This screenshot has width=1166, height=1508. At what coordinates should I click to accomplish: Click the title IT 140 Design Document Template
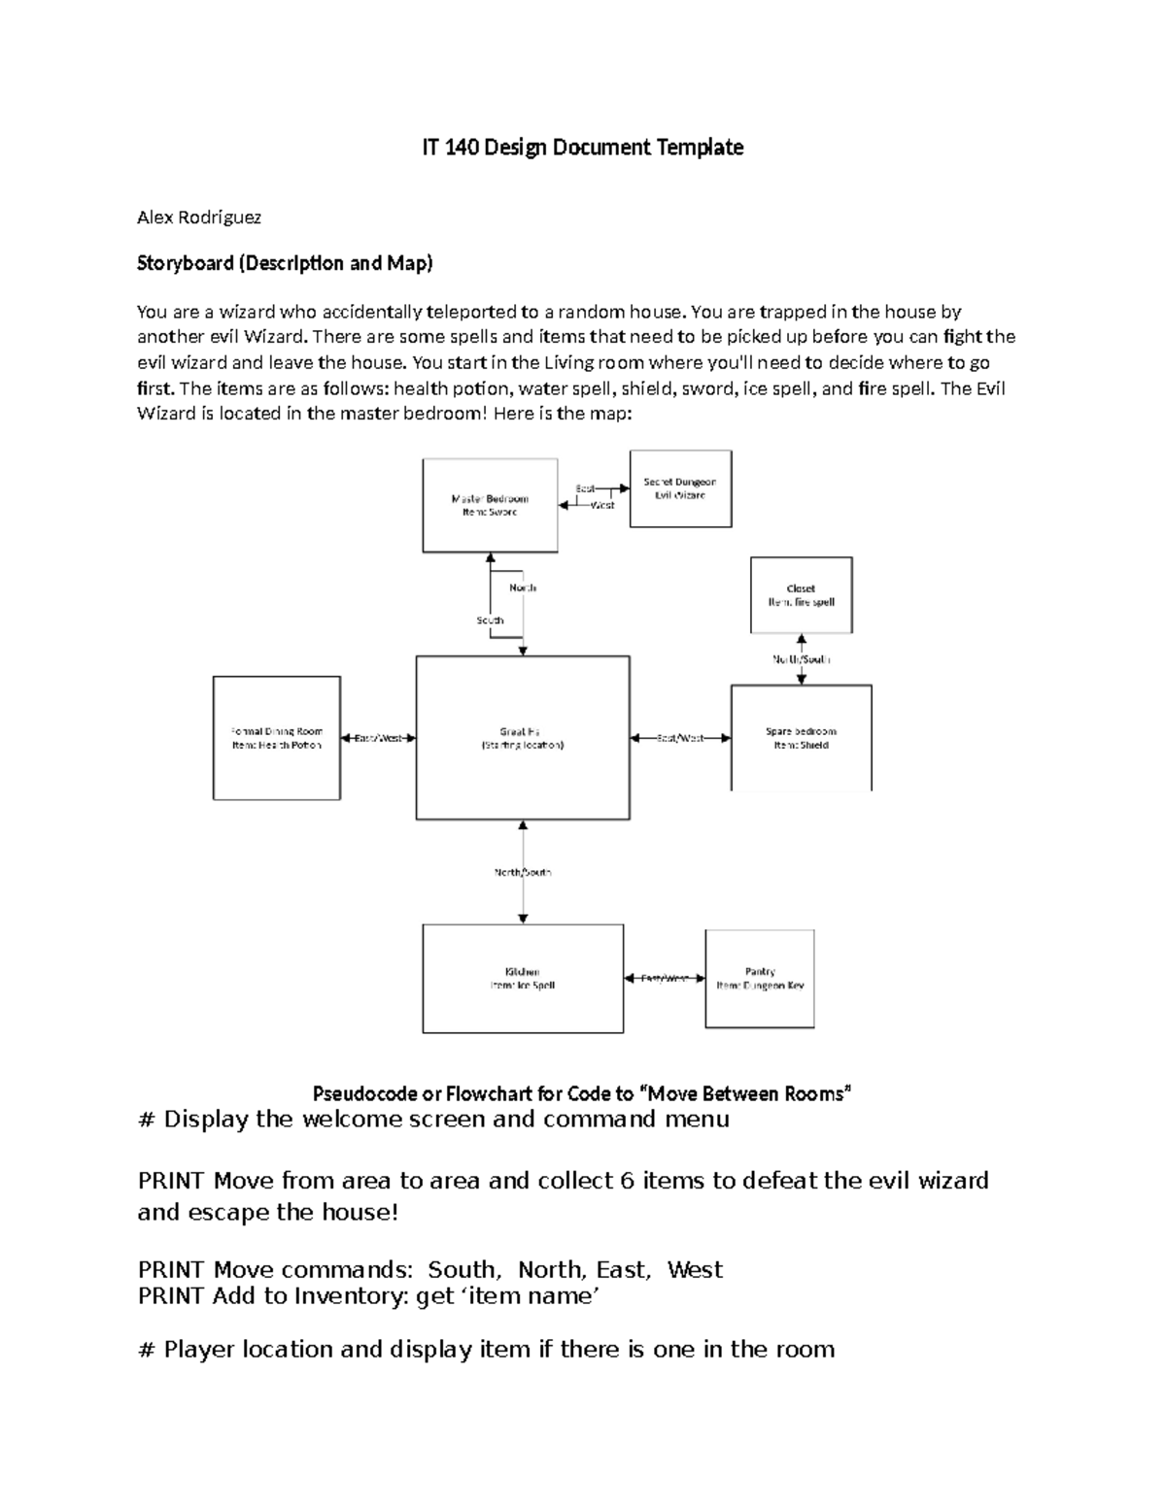(x=582, y=148)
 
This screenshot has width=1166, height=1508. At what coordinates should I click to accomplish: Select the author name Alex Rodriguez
(x=199, y=218)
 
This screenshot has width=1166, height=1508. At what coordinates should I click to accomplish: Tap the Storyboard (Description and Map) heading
(x=285, y=263)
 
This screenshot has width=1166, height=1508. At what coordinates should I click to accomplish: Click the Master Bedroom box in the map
(x=490, y=506)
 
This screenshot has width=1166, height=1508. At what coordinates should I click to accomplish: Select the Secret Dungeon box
(x=680, y=488)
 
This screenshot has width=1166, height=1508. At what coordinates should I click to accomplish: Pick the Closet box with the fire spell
(x=801, y=595)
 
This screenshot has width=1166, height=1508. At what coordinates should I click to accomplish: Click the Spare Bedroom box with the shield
(x=801, y=738)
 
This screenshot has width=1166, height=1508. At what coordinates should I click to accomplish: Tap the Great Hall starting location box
(x=523, y=738)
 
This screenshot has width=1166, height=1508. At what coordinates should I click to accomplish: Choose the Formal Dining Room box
(x=276, y=738)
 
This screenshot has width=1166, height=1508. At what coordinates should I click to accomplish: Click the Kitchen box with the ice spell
(x=523, y=979)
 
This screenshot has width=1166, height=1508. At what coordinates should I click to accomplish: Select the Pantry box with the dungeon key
(x=760, y=979)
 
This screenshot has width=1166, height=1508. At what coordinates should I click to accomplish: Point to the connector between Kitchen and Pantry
(x=665, y=979)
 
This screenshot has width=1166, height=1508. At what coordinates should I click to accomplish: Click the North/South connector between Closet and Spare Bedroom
(x=802, y=659)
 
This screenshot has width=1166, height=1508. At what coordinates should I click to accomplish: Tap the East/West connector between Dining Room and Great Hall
(x=378, y=738)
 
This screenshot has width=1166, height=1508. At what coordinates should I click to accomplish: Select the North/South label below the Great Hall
(x=523, y=872)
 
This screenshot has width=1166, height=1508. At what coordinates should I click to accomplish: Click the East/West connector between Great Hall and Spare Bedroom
(x=680, y=738)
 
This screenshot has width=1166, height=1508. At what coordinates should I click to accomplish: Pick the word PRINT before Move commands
(x=171, y=1270)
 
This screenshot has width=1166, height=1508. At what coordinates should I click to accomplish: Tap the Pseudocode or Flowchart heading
(x=581, y=1094)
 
